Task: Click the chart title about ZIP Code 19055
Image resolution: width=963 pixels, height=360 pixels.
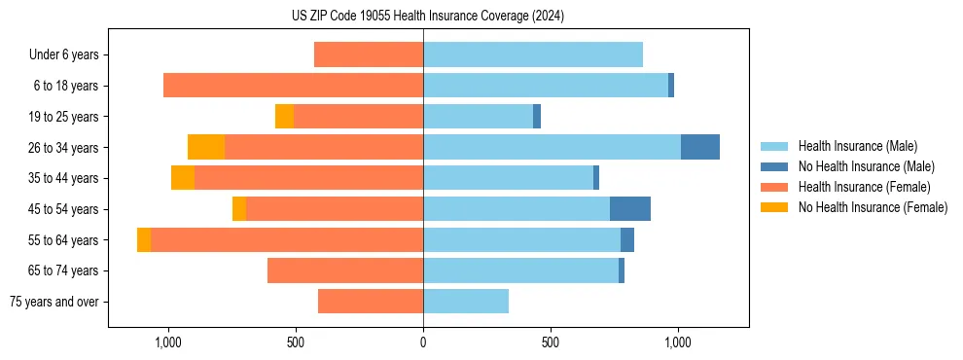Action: [x=428, y=17]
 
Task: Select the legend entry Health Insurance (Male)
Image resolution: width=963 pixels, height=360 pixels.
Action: [x=856, y=146]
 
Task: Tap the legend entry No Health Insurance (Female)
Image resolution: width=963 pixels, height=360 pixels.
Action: [x=873, y=207]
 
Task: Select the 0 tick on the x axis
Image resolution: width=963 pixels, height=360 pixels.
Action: [x=423, y=342]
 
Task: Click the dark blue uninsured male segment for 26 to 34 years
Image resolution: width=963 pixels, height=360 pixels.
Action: [x=700, y=147]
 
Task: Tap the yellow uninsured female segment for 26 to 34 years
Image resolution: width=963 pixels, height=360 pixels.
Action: [x=206, y=147]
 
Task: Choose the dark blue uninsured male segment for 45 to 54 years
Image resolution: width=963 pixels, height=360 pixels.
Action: [x=630, y=209]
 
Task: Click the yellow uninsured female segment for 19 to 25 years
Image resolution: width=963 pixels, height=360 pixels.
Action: [x=284, y=117]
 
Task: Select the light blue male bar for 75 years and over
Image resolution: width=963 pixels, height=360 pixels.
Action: [x=466, y=302]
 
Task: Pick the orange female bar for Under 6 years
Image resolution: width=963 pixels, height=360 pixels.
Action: [x=369, y=54]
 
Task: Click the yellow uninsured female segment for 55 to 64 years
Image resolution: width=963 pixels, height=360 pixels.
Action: [x=144, y=240]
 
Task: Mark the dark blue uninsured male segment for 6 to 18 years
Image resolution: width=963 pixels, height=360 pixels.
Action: [x=671, y=86]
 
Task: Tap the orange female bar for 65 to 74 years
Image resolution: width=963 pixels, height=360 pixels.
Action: [x=345, y=270]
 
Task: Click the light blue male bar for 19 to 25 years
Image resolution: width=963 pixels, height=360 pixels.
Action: [x=478, y=117]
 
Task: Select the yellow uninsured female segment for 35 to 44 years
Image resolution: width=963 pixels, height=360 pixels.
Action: [x=183, y=178]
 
